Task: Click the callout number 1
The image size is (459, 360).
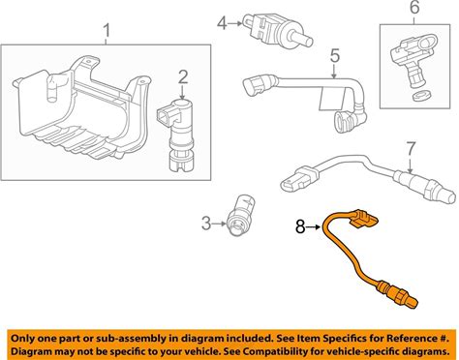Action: coord(107,32)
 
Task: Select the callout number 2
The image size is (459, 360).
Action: coord(183,77)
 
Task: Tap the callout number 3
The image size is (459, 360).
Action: coord(206,224)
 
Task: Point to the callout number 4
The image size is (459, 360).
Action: coord(222,23)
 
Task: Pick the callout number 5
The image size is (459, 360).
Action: coord(335,55)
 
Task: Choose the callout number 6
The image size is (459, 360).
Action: coord(414,8)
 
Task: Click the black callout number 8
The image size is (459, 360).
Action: coord(300,226)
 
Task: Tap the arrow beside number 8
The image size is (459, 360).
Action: coord(314,227)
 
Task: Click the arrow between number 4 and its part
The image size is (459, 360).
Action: coord(235,23)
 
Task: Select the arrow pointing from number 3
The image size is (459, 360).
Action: coord(219,224)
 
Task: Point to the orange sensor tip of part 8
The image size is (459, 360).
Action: coord(398,294)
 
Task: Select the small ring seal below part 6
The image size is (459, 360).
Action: coord(419,95)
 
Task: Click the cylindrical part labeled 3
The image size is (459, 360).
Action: coord(241,215)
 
